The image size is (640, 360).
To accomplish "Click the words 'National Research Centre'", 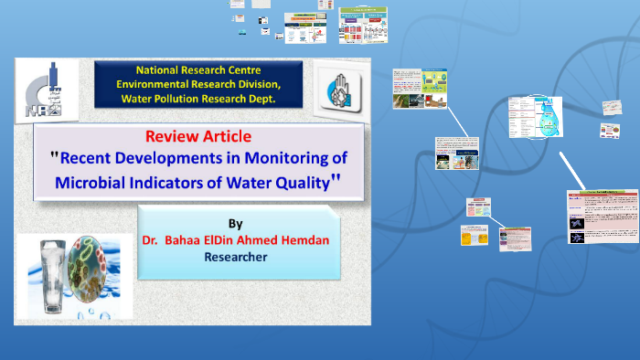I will (197, 69).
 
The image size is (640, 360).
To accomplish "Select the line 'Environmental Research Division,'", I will (197, 84).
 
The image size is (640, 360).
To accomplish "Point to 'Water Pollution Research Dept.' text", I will (197, 99).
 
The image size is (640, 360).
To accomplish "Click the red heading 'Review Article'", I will (197, 136).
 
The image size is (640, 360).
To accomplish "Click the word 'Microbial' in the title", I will (96, 182).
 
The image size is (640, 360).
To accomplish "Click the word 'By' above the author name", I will (235, 223).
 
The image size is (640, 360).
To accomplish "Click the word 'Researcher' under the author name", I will (235, 258).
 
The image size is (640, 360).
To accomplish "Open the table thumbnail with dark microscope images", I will (602, 218).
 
